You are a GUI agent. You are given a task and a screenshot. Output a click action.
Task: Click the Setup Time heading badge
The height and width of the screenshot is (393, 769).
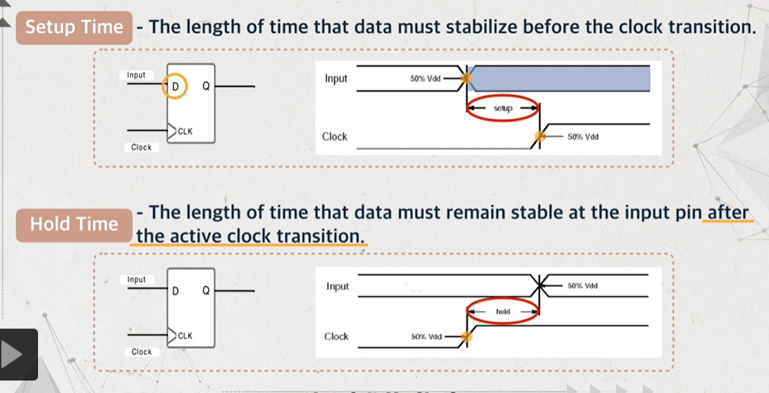74,28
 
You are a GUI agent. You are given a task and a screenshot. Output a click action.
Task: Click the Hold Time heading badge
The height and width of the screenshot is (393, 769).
74,225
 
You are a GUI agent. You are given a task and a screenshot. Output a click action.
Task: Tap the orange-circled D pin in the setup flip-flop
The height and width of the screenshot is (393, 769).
174,86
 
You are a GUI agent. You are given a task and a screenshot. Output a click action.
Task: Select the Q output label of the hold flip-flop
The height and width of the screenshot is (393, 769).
206,291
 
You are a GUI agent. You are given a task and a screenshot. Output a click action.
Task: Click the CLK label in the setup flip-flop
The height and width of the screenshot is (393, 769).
185,131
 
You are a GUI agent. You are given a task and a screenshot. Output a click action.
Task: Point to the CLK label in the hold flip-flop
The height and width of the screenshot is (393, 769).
185,336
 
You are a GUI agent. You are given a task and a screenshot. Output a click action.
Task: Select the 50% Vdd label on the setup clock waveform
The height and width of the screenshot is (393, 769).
583,137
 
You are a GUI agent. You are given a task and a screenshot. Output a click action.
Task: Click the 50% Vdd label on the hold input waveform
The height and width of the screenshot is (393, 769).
583,286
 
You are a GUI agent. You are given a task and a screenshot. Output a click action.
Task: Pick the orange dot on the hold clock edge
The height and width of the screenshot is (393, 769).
467,336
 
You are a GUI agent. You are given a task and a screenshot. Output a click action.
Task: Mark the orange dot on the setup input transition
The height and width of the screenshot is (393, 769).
466,77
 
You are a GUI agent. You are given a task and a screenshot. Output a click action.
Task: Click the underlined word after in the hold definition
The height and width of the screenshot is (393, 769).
728,212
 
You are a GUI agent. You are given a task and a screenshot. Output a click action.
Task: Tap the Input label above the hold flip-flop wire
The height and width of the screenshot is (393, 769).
136,279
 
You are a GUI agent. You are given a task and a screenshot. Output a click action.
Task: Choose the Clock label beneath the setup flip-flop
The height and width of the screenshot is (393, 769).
141,147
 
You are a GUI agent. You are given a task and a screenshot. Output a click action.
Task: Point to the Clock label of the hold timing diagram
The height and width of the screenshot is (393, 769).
336,336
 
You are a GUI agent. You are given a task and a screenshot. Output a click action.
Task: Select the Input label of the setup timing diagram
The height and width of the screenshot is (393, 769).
336,78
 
